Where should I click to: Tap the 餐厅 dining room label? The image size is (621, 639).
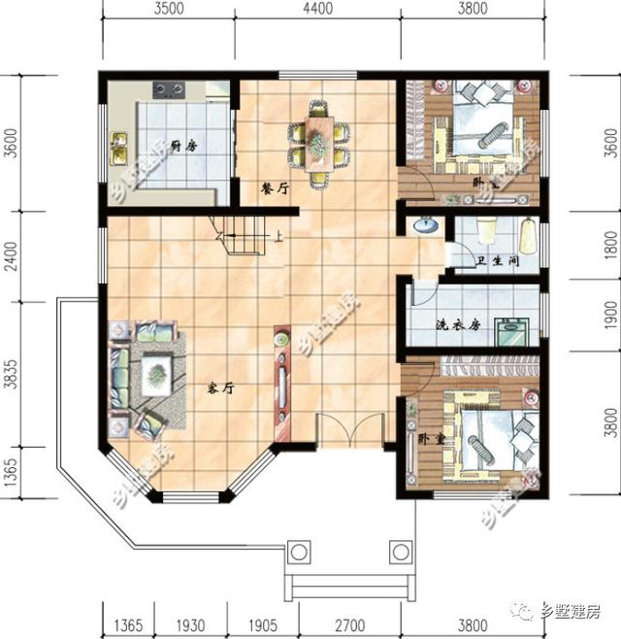[275, 189]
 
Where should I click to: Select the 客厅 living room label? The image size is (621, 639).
[221, 387]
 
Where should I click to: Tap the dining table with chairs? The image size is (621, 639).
[319, 140]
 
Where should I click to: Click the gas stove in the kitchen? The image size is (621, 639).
[169, 91]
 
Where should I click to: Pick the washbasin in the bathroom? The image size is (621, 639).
[425, 226]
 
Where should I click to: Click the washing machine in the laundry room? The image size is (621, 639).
[510, 331]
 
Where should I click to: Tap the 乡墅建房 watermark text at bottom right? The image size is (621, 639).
[568, 612]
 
